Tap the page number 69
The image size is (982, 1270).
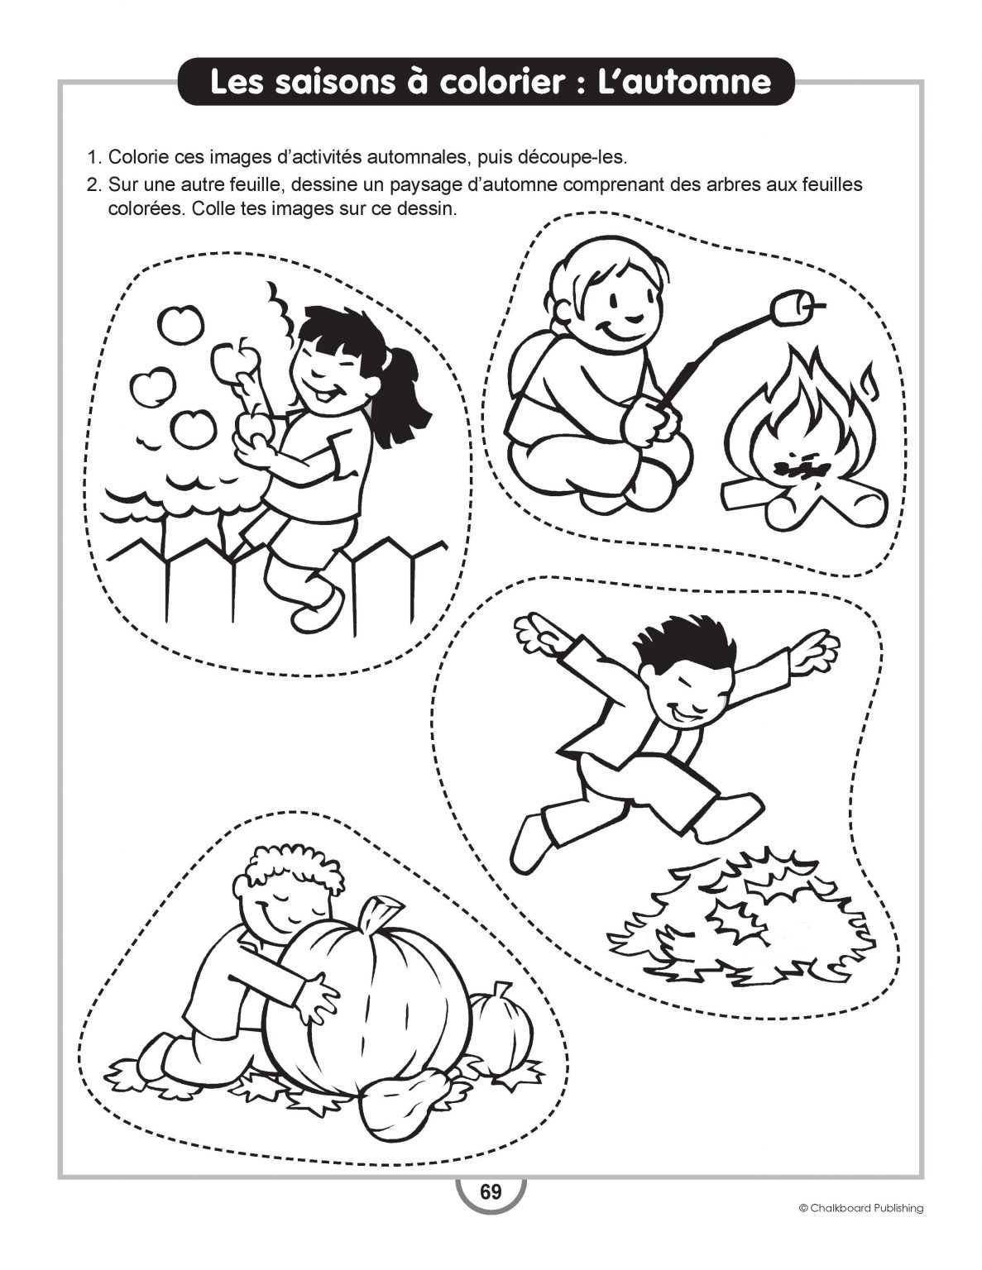[491, 1192]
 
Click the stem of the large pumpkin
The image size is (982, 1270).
[377, 914]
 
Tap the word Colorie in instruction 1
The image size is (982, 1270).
[138, 157]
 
